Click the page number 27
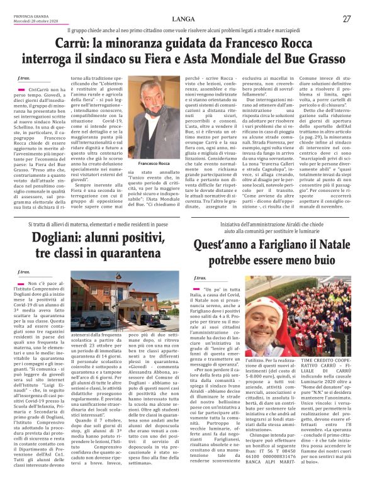pos(347,19)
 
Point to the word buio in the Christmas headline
pos(320,259)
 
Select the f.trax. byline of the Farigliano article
pos(201,277)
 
